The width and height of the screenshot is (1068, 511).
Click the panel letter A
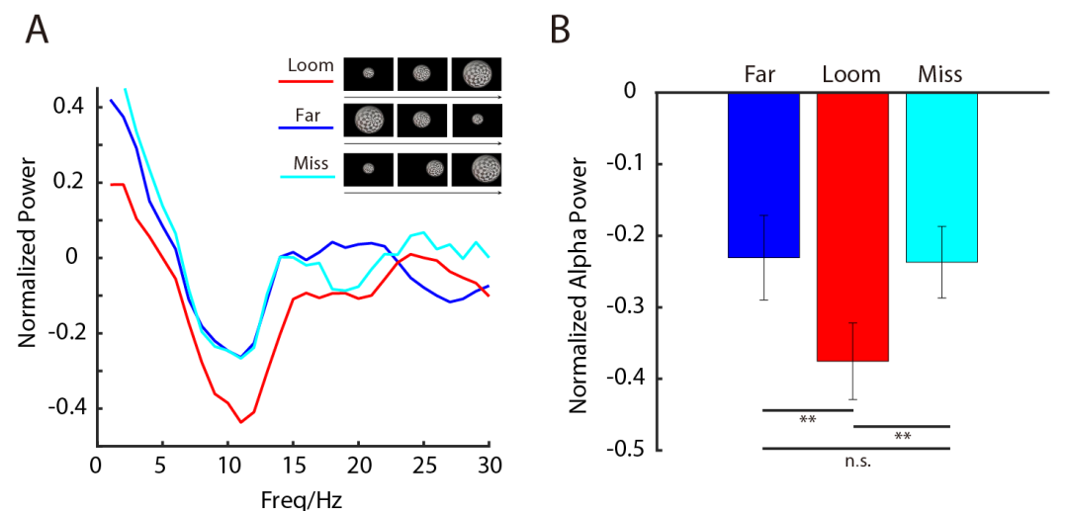37,31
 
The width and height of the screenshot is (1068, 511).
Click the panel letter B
559,31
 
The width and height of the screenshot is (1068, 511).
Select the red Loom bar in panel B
852,227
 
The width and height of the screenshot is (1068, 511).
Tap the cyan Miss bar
941,178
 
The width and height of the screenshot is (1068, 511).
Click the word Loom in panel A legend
310,66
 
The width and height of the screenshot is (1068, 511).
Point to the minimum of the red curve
240,422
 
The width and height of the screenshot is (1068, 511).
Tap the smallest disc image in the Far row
477,120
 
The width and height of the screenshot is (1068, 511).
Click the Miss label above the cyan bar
940,75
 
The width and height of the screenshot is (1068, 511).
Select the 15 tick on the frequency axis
293,465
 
